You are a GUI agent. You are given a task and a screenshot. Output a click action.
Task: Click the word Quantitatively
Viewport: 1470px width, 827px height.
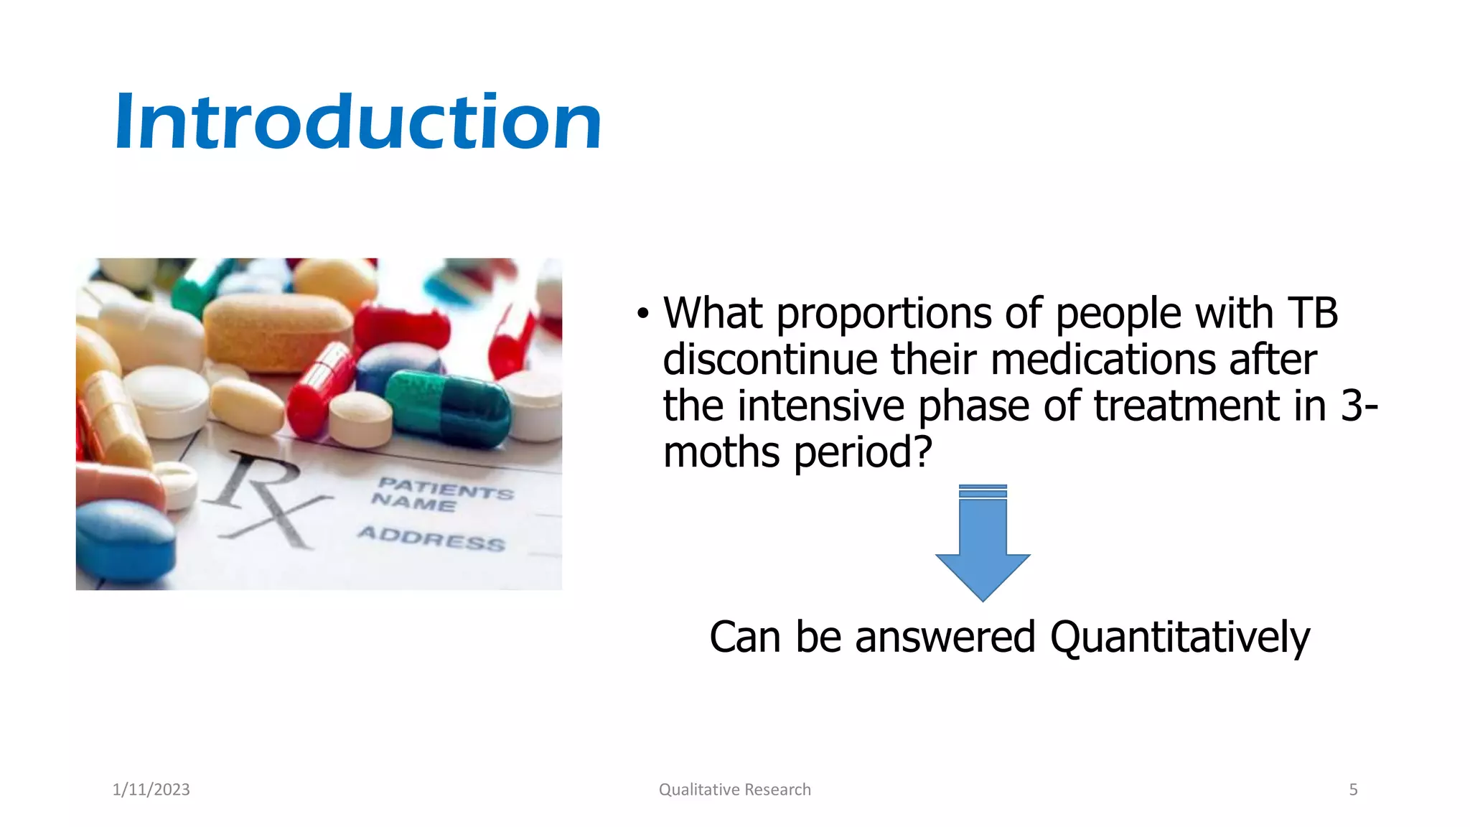click(x=1179, y=637)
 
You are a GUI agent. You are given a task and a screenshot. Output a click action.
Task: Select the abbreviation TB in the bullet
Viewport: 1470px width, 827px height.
click(x=1312, y=314)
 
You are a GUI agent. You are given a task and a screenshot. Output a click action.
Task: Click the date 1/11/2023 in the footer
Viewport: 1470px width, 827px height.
click(x=151, y=790)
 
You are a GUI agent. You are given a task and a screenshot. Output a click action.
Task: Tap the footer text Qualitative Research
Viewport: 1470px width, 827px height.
click(x=734, y=790)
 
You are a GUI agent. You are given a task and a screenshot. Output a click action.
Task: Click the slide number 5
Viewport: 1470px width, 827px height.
click(x=1353, y=790)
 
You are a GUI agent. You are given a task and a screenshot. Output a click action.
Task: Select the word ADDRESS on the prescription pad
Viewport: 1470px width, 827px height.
click(x=431, y=538)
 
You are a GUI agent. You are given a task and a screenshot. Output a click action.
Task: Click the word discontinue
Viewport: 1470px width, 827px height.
click(x=769, y=360)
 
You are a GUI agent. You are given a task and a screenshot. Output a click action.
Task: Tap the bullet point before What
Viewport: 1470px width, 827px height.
click(x=642, y=314)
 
